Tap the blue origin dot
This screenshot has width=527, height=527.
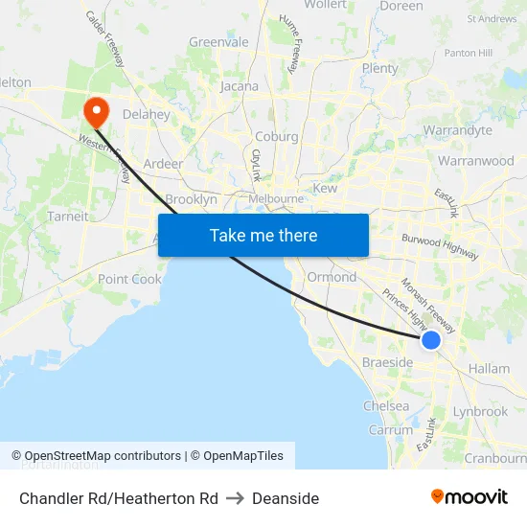[431, 339]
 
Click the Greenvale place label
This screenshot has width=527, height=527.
[218, 42]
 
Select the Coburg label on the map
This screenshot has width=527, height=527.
[276, 136]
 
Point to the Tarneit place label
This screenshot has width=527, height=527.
[68, 217]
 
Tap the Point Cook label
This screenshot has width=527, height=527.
[129, 279]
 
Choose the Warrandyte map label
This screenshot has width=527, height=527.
[457, 130]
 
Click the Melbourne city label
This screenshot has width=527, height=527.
[276, 198]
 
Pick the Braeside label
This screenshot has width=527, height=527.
[387, 362]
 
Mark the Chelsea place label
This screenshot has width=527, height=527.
[386, 406]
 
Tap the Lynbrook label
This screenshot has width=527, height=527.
[480, 411]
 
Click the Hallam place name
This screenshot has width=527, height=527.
[489, 369]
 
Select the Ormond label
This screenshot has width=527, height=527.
[332, 277]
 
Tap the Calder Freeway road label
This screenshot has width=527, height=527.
[105, 38]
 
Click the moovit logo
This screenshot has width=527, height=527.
[470, 496]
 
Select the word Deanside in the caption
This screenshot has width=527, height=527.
[286, 498]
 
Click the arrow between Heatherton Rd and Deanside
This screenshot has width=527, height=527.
[235, 498]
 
